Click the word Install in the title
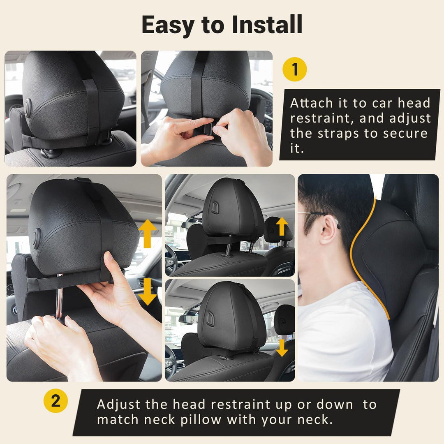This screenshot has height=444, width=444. coord(267,25)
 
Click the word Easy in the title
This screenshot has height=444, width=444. coord(169,25)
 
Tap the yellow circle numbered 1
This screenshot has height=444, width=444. coord(295,69)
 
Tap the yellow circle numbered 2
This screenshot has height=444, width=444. coord(55,400)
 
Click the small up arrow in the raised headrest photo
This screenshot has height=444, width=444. coord(282,227)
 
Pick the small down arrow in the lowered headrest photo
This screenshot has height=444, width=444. coord(282,348)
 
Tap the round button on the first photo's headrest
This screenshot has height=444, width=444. coord(28,108)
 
